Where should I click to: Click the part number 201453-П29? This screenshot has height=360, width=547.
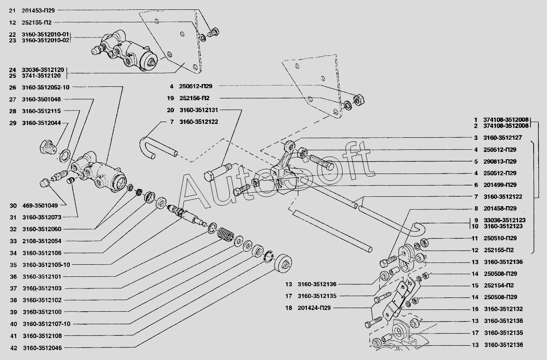click(40, 10)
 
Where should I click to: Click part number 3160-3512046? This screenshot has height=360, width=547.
click(42, 347)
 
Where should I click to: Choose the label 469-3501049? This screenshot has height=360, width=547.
click(40, 206)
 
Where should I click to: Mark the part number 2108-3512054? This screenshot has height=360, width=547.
click(42, 241)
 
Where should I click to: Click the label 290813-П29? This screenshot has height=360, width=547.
click(500, 161)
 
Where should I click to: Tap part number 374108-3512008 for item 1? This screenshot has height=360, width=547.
click(506, 120)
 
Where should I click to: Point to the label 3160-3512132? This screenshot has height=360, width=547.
click(503, 309)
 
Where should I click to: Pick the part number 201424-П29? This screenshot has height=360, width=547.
click(316, 308)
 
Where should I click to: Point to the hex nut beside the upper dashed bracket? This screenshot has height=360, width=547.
click(358, 99)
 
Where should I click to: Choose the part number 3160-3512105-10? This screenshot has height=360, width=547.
click(45, 264)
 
